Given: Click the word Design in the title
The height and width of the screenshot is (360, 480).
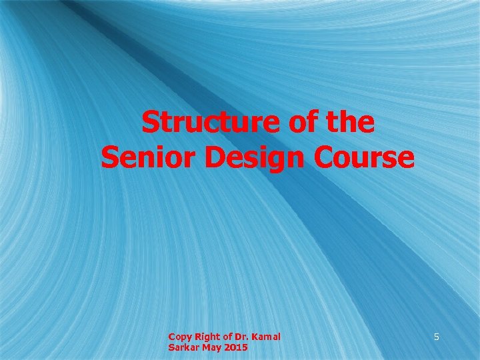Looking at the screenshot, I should pyautogui.click(x=243, y=159).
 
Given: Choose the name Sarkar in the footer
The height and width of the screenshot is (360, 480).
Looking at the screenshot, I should pyautogui.click(x=182, y=348).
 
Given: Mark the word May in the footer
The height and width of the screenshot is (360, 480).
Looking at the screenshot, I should pyautogui.click(x=211, y=349).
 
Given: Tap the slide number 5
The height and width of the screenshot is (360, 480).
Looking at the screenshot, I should pyautogui.click(x=437, y=337).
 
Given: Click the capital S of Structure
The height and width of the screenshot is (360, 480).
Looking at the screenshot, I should pyautogui.click(x=151, y=123).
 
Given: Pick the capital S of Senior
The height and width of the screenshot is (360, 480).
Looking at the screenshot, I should pyautogui.click(x=109, y=158).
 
